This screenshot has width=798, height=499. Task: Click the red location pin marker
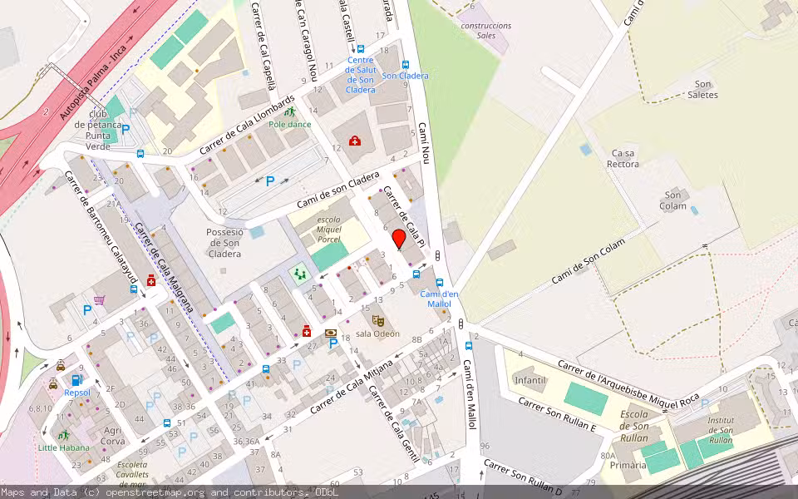pyautogui.click(x=399, y=240)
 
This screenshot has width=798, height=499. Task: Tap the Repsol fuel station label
pyautogui.click(x=76, y=392)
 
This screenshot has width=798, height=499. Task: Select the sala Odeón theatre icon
pyautogui.click(x=378, y=319)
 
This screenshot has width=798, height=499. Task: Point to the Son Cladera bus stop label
pyautogui.click(x=405, y=76)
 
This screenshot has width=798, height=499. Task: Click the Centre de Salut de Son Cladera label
pyautogui.click(x=361, y=75)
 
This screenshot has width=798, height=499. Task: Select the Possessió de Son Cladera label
pyautogui.click(x=224, y=243)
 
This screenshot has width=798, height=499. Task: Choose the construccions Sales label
pyautogui.click(x=486, y=30)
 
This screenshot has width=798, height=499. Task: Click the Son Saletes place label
pyautogui.click(x=703, y=89)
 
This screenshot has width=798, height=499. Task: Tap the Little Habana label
pyautogui.click(x=62, y=447)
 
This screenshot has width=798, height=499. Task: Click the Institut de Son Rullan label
pyautogui.click(x=721, y=429)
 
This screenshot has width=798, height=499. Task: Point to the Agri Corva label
pyautogui.click(x=113, y=436)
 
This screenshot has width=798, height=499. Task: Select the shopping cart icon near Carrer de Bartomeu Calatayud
pyautogui.click(x=100, y=300)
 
